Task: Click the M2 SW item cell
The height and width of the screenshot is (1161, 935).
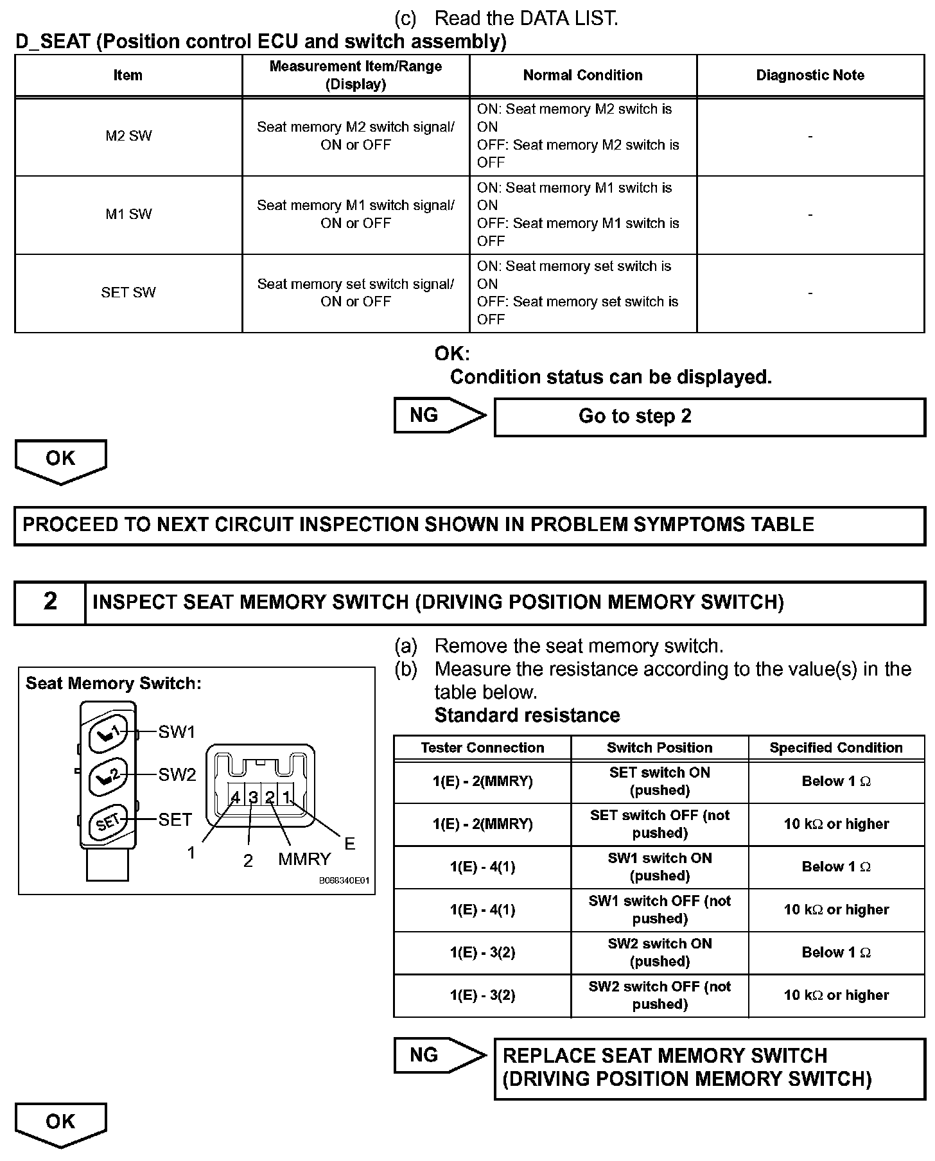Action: coord(128,136)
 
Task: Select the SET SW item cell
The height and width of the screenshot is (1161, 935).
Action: coord(128,293)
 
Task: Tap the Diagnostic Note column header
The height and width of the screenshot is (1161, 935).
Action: coord(810,75)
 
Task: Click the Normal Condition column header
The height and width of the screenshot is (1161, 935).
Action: coord(582,75)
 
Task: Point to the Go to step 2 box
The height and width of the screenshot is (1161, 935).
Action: coord(709,417)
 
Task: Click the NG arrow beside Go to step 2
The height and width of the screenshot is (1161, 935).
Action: coord(438,415)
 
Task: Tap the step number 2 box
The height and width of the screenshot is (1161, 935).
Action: coord(50,602)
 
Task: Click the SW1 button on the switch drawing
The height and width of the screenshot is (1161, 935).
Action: coord(106,733)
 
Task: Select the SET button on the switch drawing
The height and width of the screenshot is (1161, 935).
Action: coord(106,821)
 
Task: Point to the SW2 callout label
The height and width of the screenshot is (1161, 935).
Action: coord(177,775)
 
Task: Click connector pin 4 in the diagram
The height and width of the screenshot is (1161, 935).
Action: coord(236,798)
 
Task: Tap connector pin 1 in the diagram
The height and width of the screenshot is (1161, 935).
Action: coord(286,798)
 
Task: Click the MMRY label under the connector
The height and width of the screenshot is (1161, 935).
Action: coord(304,859)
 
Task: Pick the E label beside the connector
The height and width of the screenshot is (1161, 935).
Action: coord(349,844)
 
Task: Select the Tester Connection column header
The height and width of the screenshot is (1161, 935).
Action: coord(482,747)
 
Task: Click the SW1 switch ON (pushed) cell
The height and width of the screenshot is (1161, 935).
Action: coord(660,867)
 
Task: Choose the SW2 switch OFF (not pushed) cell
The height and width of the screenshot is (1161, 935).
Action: coord(660,995)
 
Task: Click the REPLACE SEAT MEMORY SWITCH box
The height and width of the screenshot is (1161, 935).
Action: coord(709,1068)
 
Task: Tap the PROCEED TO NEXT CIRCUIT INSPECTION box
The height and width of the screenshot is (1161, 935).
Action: coord(469,525)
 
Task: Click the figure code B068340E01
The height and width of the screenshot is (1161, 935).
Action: coord(344,881)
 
